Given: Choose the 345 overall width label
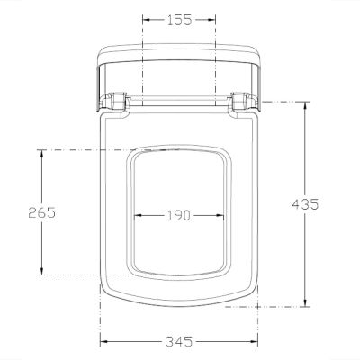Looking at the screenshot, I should point(179,342).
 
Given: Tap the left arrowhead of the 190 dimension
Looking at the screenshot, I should point(137,215).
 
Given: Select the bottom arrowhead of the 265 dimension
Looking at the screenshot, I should point(41,271).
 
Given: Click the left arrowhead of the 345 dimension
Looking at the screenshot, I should point(103,342).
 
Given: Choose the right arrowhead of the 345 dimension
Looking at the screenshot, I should point(256,342).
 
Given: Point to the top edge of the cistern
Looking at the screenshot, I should point(179,43).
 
